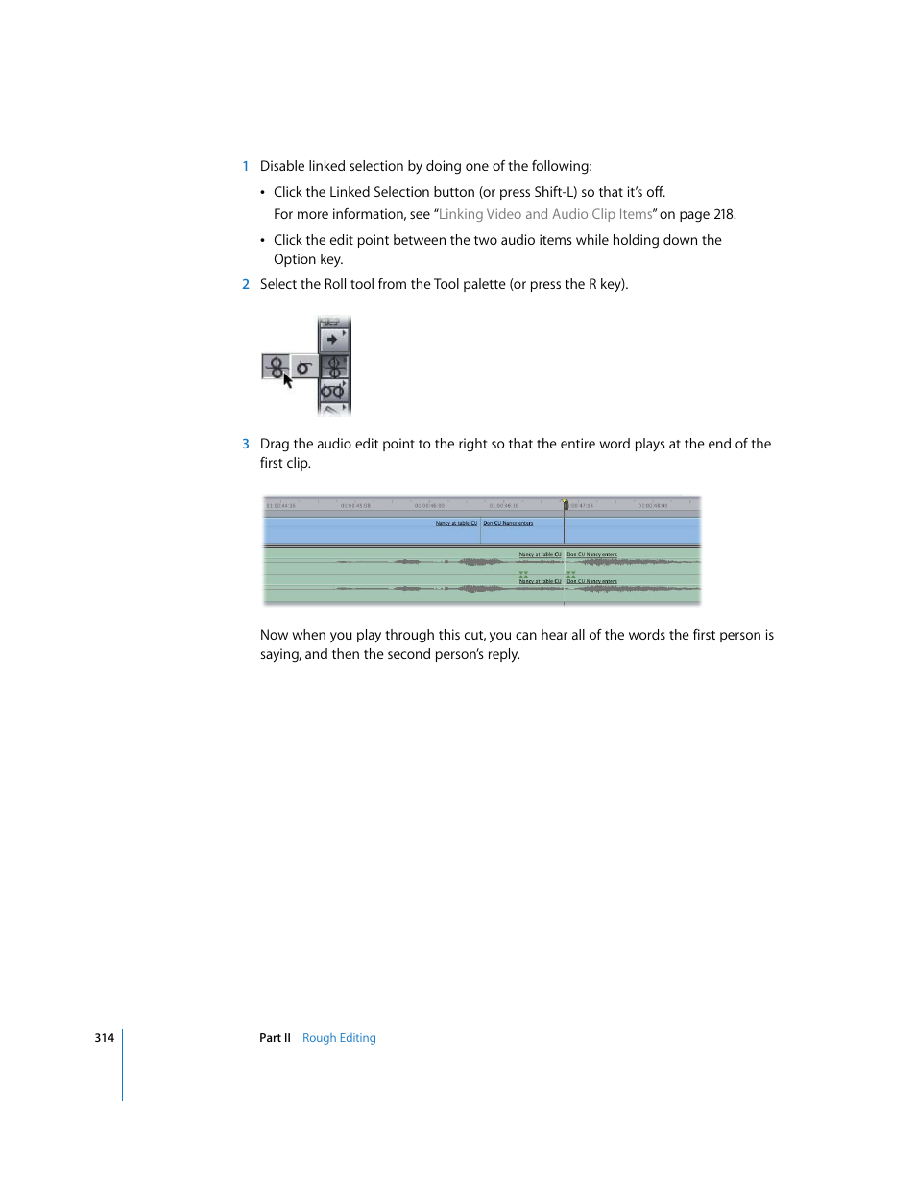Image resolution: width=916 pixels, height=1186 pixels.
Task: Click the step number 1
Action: tap(246, 166)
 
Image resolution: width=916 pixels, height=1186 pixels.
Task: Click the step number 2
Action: tap(246, 284)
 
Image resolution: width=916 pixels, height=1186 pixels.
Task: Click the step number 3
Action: tap(246, 444)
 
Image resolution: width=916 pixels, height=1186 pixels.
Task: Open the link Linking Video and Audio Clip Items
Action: tap(544, 214)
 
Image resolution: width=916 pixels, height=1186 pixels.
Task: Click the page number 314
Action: tap(104, 1038)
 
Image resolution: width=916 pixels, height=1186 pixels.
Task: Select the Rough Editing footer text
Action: tap(339, 1038)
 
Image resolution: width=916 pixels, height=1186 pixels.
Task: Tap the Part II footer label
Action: tap(275, 1038)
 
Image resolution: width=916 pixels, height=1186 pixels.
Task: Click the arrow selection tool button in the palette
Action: tap(333, 339)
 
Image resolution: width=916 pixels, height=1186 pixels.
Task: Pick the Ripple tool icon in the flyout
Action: tap(303, 367)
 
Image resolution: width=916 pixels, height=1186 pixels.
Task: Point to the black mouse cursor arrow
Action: tap(287, 379)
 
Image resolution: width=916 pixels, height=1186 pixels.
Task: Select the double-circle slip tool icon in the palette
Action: tap(333, 391)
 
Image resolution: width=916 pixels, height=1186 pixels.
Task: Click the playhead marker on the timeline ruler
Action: tap(565, 503)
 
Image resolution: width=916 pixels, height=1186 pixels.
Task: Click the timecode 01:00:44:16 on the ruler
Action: tap(281, 505)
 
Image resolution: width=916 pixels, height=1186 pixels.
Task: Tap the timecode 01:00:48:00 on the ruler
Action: tap(653, 505)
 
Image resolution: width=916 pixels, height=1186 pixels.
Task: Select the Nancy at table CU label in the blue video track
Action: tap(456, 523)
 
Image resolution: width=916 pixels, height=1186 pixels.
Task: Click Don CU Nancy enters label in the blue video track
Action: tap(508, 523)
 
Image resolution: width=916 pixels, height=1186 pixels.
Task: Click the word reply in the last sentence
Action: tap(502, 654)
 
